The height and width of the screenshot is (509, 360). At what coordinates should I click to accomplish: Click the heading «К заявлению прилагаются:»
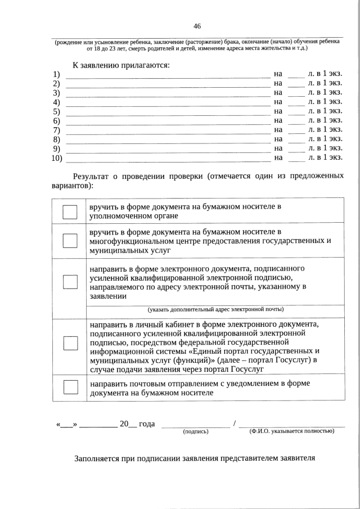point(120,65)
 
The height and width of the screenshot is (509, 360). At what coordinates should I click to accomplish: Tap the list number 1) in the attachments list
point(56,74)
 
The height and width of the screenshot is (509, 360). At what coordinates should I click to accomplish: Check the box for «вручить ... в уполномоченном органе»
point(70,211)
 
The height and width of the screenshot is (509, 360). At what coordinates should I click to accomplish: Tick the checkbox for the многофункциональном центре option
point(70,240)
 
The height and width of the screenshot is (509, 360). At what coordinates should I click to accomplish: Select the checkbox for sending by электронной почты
point(70,281)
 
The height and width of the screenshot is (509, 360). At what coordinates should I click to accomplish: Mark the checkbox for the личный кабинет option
point(70,343)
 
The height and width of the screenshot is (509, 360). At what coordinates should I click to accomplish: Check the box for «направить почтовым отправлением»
point(70,388)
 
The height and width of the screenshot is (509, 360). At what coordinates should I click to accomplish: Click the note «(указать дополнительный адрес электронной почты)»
point(215,309)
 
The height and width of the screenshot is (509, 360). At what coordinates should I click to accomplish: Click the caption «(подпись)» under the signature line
point(195,431)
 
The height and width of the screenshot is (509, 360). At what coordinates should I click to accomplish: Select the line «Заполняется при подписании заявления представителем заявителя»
point(195,457)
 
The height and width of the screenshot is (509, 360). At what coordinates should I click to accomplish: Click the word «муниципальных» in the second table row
point(115,250)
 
